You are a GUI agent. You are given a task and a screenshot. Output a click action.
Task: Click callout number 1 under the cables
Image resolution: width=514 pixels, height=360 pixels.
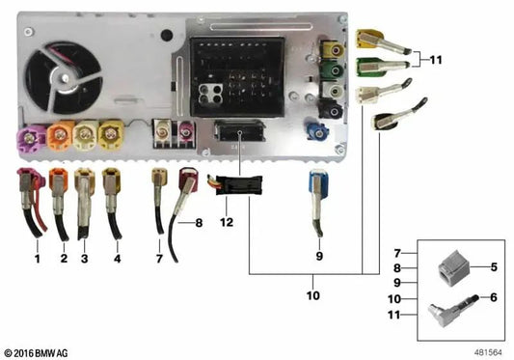pyautogui.click(x=37, y=260)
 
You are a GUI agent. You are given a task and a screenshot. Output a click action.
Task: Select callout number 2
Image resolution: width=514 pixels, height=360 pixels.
pyautogui.click(x=63, y=260)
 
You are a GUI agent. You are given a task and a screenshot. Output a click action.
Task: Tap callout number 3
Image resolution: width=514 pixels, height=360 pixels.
pyautogui.click(x=85, y=260)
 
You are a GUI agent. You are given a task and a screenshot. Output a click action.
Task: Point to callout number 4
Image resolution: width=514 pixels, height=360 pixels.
pyautogui.click(x=117, y=260)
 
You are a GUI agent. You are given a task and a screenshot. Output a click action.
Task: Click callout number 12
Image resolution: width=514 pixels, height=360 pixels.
pyautogui.click(x=227, y=223)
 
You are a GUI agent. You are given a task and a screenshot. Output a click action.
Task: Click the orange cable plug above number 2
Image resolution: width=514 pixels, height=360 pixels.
pyautogui.click(x=59, y=180)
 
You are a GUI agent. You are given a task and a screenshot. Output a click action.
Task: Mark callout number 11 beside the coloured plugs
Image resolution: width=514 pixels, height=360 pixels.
pyautogui.click(x=435, y=61)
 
